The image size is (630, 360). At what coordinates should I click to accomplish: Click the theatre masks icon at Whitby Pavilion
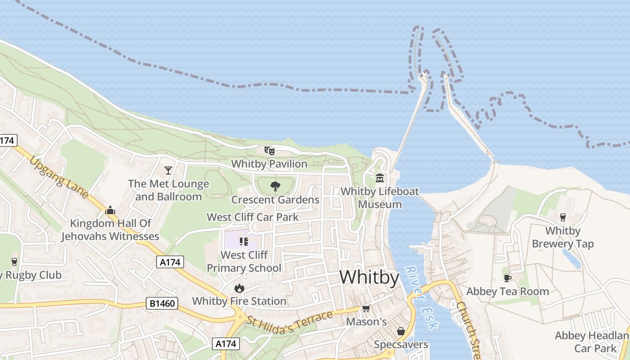(x=269, y=150)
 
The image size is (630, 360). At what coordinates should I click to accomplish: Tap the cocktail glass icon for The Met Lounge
(x=168, y=171)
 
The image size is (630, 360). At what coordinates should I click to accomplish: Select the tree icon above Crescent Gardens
(x=275, y=186)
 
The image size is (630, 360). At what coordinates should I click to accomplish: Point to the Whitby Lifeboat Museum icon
(x=380, y=178)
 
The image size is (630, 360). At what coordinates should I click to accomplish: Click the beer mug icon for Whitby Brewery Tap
(x=562, y=217)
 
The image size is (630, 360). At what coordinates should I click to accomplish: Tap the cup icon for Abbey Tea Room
(x=508, y=278)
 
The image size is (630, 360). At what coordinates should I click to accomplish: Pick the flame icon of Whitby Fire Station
(x=239, y=288)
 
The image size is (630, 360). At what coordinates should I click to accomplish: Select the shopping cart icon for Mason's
(x=366, y=309)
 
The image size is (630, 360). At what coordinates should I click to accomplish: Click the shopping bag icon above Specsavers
(x=400, y=332)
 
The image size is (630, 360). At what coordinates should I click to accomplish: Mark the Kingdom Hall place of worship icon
(x=110, y=210)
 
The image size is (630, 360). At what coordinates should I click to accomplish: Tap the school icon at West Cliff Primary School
(x=244, y=242)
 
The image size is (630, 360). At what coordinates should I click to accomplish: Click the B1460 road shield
(x=162, y=304)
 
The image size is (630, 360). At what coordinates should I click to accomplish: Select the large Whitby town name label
(x=369, y=277)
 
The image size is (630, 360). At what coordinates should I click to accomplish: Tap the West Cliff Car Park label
(x=252, y=217)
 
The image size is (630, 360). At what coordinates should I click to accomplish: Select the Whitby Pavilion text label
(x=269, y=164)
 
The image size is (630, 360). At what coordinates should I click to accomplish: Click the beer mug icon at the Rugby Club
(x=14, y=261)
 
